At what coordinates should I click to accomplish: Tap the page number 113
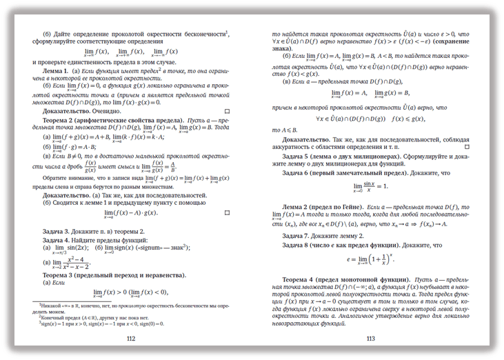point(370,339)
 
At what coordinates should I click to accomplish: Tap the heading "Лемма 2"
point(303,206)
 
